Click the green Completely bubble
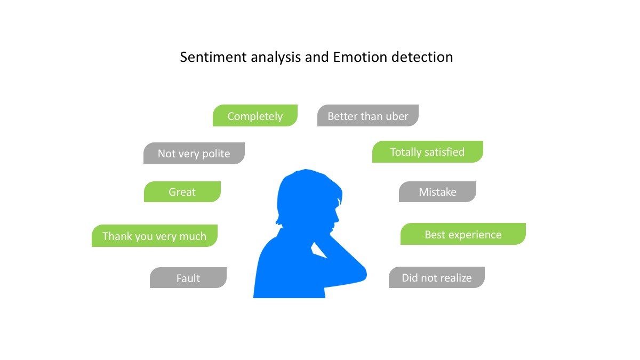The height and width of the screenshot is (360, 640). pyautogui.click(x=255, y=115)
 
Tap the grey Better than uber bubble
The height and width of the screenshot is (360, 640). pyautogui.click(x=368, y=115)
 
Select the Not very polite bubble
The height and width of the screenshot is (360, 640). pyautogui.click(x=194, y=154)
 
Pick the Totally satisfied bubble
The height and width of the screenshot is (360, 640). pyautogui.click(x=428, y=151)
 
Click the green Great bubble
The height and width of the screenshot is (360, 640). pyautogui.click(x=182, y=191)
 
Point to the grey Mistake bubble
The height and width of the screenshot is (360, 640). pyautogui.click(x=438, y=191)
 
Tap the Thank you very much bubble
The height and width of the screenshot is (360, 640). pyautogui.click(x=155, y=236)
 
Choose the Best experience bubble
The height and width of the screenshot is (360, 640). pyautogui.click(x=463, y=234)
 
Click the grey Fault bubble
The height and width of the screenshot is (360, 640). pyautogui.click(x=188, y=278)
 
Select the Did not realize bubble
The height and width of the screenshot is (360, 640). pyautogui.click(x=437, y=277)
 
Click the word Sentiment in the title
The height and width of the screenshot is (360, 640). pyautogui.click(x=213, y=57)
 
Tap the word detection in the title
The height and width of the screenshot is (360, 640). pyautogui.click(x=422, y=57)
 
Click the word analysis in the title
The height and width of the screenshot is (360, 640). pyautogui.click(x=276, y=58)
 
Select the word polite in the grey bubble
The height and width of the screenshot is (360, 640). pyautogui.click(x=216, y=154)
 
